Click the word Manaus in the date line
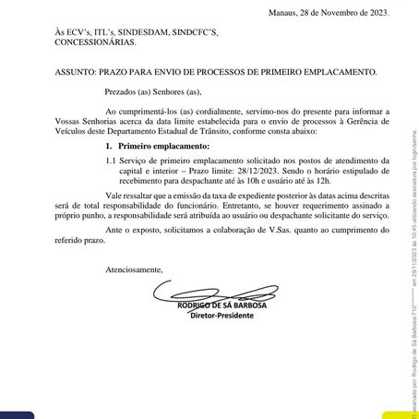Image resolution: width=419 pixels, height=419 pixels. click(x=282, y=13)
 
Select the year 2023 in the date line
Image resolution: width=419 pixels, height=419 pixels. click(x=377, y=13)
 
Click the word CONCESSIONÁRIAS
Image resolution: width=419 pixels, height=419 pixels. click(x=95, y=42)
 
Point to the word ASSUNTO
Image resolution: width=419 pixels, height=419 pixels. click(x=70, y=71)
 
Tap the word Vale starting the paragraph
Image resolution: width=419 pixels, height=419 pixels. click(x=115, y=196)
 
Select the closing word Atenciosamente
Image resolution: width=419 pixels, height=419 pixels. click(x=132, y=269)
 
